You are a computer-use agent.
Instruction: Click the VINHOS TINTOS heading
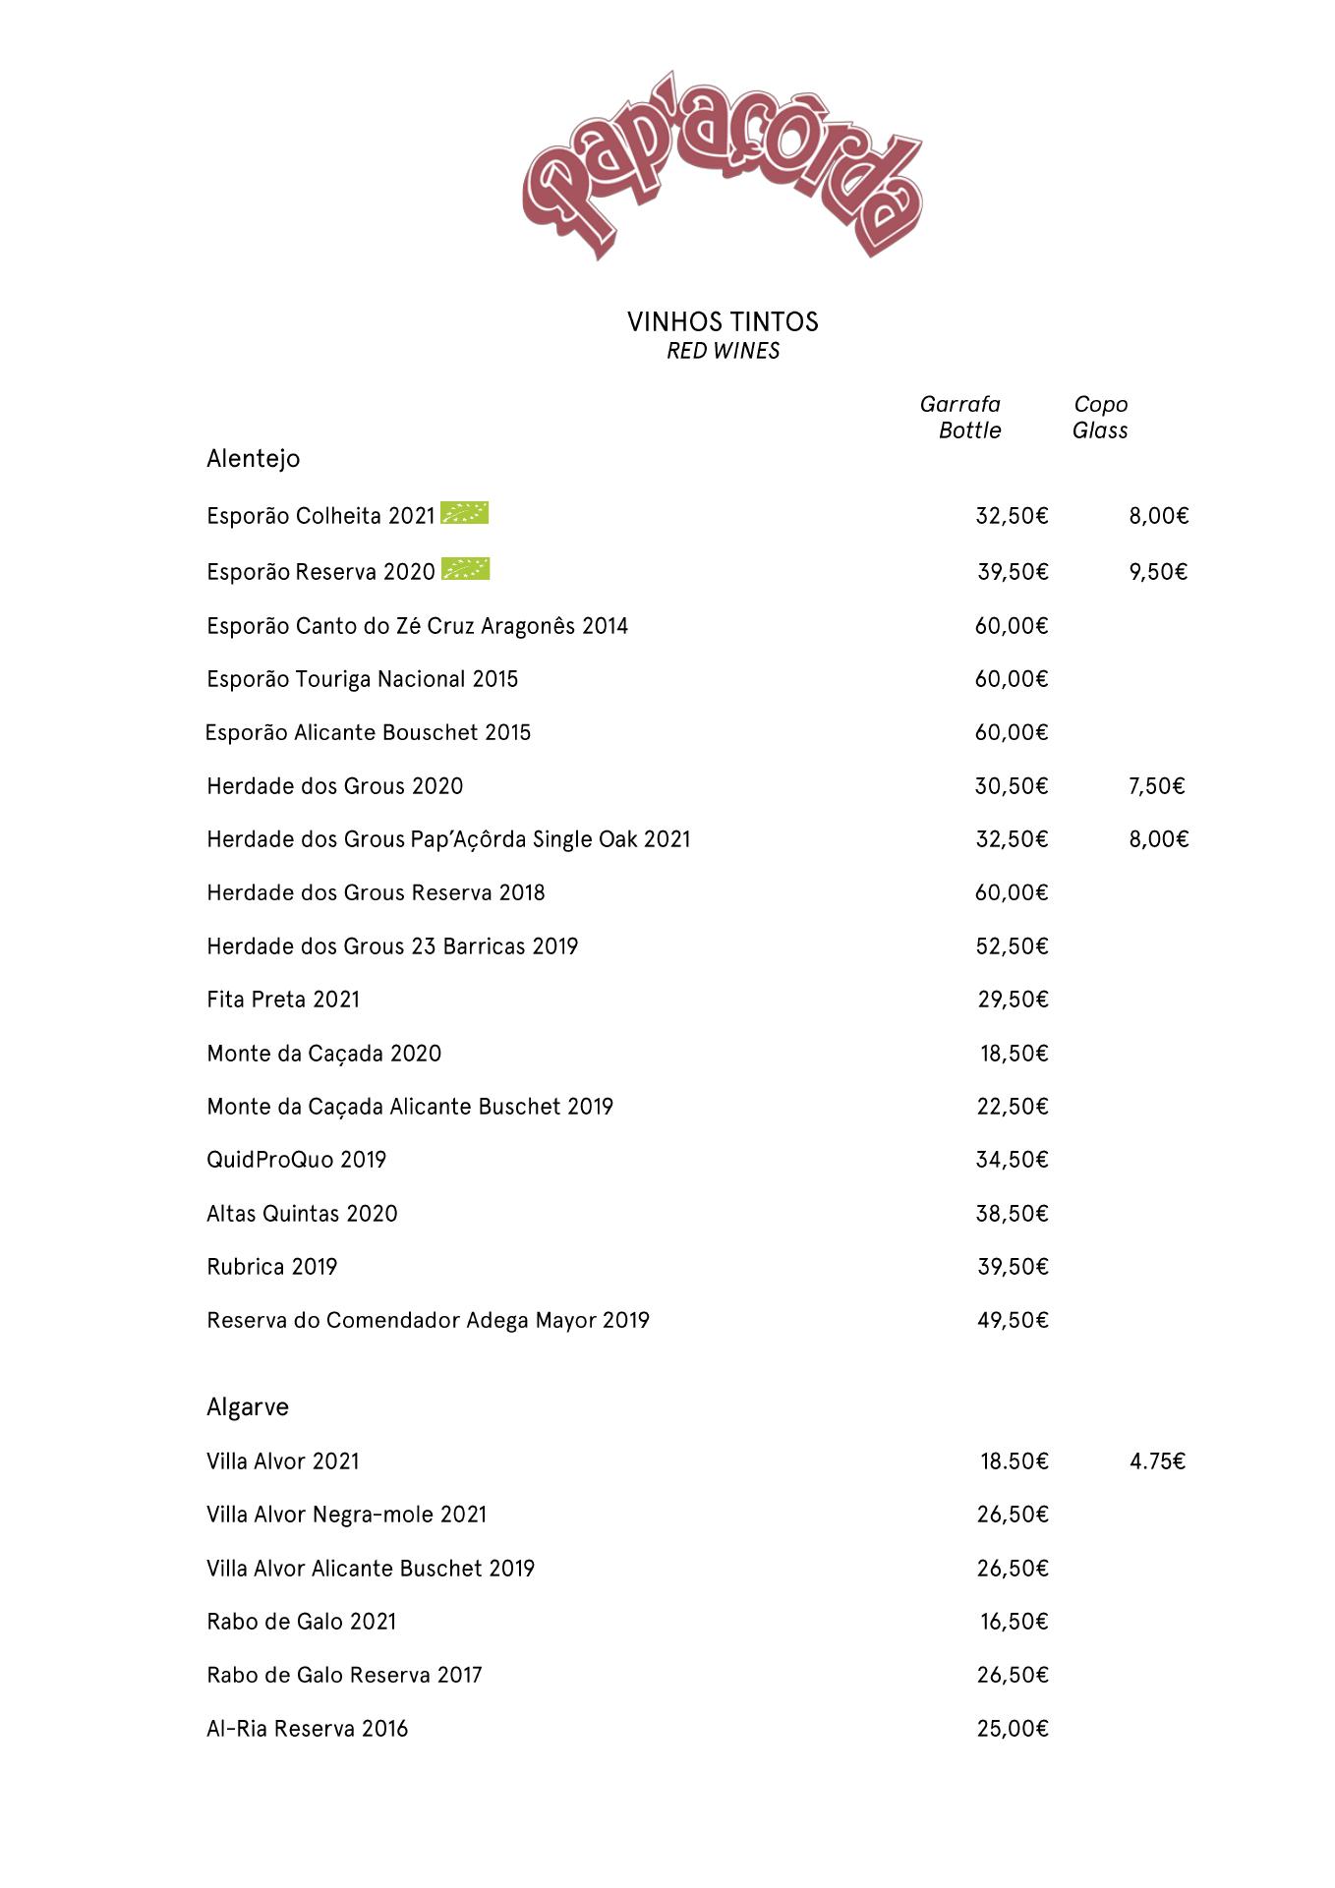pyautogui.click(x=723, y=321)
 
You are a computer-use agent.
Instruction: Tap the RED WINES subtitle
pyautogui.click(x=723, y=351)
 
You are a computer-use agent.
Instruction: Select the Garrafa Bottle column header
pyautogui.click(x=960, y=417)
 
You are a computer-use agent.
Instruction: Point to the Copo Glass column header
pyautogui.click(x=1100, y=417)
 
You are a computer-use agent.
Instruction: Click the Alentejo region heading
pyautogui.click(x=253, y=458)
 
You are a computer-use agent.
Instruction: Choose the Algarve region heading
pyautogui.click(x=248, y=1406)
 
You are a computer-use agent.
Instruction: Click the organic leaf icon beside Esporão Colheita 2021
pyautogui.click(x=464, y=512)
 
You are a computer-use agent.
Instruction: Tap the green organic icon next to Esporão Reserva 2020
pyautogui.click(x=465, y=568)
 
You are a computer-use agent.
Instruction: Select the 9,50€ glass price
pyautogui.click(x=1158, y=572)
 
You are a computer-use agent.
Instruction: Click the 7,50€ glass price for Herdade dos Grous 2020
pyautogui.click(x=1157, y=786)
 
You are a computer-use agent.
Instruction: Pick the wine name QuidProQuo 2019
pyautogui.click(x=296, y=1160)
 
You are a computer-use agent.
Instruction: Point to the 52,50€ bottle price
pyautogui.click(x=1012, y=946)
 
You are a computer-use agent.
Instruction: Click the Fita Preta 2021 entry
pyautogui.click(x=283, y=1000)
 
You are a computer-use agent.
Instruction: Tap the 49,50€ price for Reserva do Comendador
pyautogui.click(x=1013, y=1320)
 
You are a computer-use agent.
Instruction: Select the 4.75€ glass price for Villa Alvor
pyautogui.click(x=1157, y=1461)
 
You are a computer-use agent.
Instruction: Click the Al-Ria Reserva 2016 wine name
pyautogui.click(x=307, y=1729)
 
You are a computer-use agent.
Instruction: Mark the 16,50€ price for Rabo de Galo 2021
pyautogui.click(x=1014, y=1622)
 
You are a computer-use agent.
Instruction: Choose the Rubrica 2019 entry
pyautogui.click(x=271, y=1267)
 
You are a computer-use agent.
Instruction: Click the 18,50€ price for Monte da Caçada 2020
pyautogui.click(x=1014, y=1054)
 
